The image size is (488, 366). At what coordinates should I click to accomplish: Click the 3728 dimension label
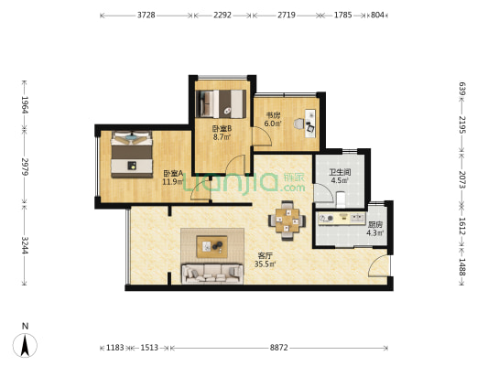146,15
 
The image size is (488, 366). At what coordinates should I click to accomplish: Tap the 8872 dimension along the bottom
279,348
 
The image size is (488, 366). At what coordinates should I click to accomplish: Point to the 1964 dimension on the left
25,105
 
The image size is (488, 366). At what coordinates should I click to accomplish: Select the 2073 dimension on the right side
461,179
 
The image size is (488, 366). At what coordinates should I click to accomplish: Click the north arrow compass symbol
25,345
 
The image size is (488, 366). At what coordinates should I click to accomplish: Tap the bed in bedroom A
132,155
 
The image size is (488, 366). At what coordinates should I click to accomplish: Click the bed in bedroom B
222,104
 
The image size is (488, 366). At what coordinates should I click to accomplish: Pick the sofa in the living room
212,274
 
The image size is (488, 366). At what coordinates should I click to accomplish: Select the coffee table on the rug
211,246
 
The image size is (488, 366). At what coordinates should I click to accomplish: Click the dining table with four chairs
287,221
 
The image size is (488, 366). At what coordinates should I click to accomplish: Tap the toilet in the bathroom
341,199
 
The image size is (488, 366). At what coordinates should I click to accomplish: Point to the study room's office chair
298,124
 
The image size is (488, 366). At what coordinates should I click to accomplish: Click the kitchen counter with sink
342,219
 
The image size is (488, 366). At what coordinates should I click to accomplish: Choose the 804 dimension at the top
377,15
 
